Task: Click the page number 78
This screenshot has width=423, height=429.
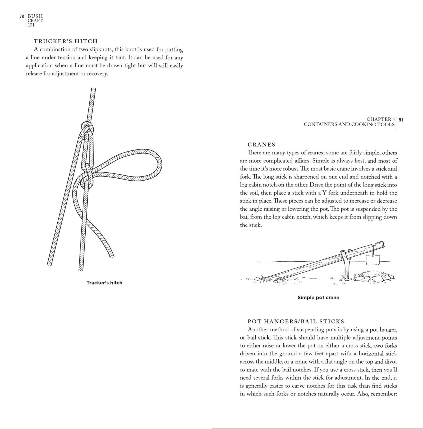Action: pos(22,16)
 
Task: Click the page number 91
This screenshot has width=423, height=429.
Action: pos(401,120)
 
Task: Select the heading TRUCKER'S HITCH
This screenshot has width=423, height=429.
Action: pos(66,41)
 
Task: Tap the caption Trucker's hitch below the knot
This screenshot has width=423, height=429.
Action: pos(104,283)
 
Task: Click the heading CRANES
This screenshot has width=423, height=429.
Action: pos(261,144)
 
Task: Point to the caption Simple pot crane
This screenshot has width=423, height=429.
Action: pos(318,298)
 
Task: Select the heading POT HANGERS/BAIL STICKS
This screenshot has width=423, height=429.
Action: pos(296,321)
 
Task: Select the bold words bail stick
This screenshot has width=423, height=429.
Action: pos(259,337)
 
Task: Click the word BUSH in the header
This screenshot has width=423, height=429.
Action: pos(35,16)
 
